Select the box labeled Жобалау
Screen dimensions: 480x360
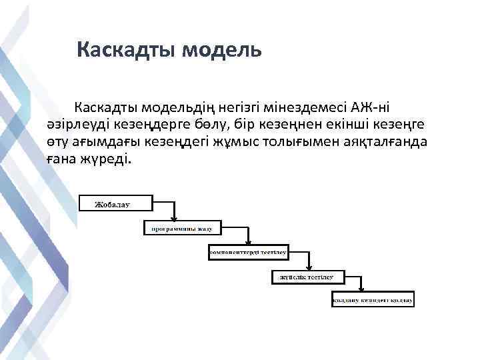117,203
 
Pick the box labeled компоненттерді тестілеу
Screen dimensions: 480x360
247,253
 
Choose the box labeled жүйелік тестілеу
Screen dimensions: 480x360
307,277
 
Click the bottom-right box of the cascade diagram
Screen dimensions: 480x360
373,300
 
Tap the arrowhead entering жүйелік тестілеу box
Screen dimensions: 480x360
310,269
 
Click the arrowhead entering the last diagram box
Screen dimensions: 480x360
361,292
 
